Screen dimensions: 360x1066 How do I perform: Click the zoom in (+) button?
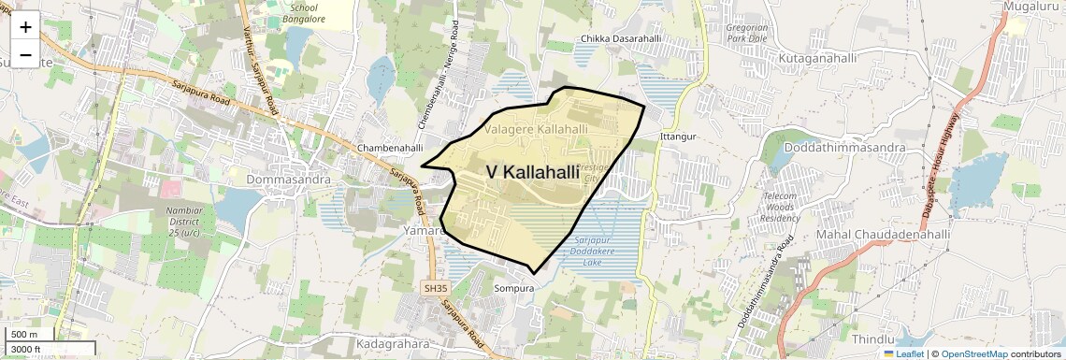tap(25, 27)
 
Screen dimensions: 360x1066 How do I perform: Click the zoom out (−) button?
tap(25, 55)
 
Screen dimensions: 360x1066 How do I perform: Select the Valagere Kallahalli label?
tap(536, 128)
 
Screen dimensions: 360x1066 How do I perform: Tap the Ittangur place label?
tap(679, 137)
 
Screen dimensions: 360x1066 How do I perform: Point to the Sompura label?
tap(513, 289)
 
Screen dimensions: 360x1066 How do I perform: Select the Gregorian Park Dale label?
tap(745, 34)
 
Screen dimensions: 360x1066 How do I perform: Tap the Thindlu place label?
tap(873, 338)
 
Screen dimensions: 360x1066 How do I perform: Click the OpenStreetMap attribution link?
tap(973, 354)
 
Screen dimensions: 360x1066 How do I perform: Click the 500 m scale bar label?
tap(24, 335)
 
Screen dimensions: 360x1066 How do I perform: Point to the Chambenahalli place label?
tap(390, 148)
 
